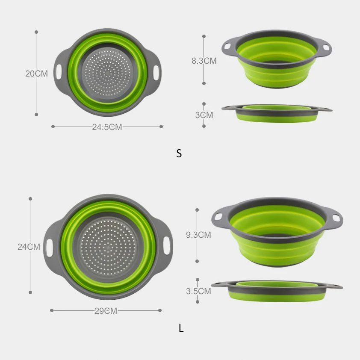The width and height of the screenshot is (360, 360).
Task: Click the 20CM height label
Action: coord(36,74)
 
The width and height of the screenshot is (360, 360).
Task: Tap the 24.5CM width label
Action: coord(107,127)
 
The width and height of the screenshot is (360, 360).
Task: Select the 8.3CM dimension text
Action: coord(204,61)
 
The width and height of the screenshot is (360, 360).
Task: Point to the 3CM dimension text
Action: coord(204,115)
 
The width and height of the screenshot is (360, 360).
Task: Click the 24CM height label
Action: coord(29,247)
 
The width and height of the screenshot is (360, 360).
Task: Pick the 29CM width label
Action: coord(106,311)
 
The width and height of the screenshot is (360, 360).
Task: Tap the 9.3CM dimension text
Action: coord(198,235)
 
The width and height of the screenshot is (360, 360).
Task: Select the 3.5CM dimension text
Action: coord(198,291)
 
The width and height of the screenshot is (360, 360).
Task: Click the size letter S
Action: coord(179,153)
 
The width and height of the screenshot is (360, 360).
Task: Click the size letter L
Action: coord(181,328)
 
